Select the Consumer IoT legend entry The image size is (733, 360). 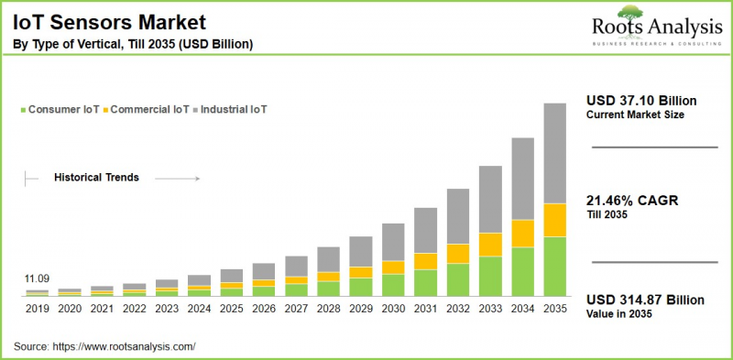pyautogui.click(x=63, y=110)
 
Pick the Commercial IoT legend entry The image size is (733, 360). pyautogui.click(x=149, y=110)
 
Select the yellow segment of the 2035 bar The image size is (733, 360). pyautogui.click(x=555, y=220)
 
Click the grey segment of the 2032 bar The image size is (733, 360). pyautogui.click(x=458, y=216)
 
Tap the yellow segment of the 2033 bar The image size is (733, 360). pyautogui.click(x=490, y=244)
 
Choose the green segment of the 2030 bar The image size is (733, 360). pyautogui.click(x=393, y=285)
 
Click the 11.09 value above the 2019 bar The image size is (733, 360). pyautogui.click(x=38, y=278)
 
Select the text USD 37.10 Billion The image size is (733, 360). pyautogui.click(x=640, y=100)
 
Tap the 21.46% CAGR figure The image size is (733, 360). pyautogui.click(x=631, y=201)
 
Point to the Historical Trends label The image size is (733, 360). pyautogui.click(x=96, y=178)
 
